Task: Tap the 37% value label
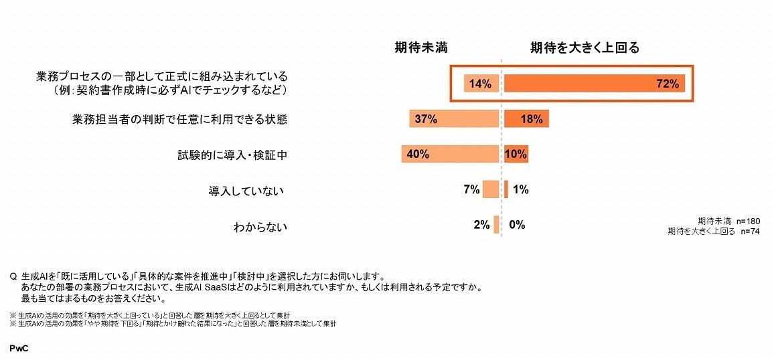426,119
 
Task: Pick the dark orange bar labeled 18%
526,119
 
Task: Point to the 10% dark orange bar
516,155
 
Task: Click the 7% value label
471,189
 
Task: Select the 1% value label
521,189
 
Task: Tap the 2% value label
481,225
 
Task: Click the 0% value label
517,225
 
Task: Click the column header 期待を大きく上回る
585,47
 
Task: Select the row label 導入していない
247,191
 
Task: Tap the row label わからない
260,226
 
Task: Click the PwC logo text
19,349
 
